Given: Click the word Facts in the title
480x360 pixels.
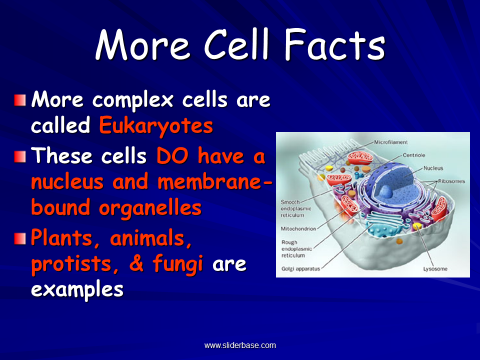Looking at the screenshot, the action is (335, 44).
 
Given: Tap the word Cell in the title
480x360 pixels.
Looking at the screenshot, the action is (236, 44).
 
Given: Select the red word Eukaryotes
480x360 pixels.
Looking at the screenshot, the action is (156, 126).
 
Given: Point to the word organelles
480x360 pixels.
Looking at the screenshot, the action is (150, 208).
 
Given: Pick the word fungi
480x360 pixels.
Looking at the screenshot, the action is (177, 264).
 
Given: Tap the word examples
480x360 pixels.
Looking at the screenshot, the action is (77, 289).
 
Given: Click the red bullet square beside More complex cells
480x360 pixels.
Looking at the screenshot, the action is (20, 100).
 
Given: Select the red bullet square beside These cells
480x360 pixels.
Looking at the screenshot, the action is (20, 156).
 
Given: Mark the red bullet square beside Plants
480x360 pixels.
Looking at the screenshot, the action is (20, 238).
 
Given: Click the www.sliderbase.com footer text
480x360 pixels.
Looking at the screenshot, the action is (240, 345).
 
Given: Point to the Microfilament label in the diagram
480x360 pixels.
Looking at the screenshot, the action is (390, 142).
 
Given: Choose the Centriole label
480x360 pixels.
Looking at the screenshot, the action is (414, 155).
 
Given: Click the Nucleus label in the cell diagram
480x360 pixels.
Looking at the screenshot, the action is (433, 168).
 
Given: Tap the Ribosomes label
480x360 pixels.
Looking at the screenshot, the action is (451, 181).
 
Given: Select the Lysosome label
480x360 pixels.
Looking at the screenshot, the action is (435, 269).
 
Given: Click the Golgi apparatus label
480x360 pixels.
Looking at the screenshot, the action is (300, 269).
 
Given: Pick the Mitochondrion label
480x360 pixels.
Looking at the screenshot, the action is (298, 228).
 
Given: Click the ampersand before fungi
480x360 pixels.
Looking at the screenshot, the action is (136, 263).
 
